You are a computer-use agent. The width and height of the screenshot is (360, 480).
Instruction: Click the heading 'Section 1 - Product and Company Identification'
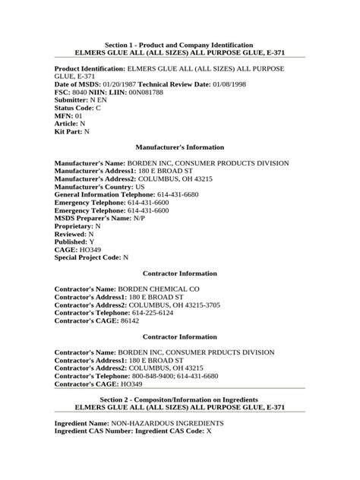tap(179, 46)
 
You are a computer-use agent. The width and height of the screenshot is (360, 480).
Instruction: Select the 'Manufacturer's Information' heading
tap(179, 147)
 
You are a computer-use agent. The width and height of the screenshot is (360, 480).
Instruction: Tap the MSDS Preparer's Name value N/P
tap(138, 217)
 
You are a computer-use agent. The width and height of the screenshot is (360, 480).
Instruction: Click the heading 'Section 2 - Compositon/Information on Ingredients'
tap(179, 399)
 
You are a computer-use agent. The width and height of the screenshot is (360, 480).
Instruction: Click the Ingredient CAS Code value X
tap(209, 431)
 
